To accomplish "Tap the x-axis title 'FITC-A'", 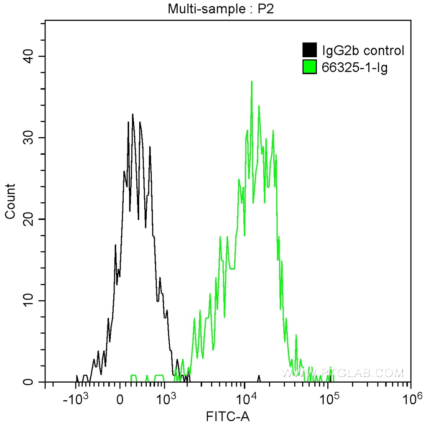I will coord(228,416).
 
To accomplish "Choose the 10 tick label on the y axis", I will coord(28,301).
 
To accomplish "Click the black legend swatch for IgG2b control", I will coord(309,50).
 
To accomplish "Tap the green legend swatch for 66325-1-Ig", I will coord(309,67).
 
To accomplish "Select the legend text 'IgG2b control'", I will coord(363,51).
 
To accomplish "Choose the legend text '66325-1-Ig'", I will coord(354,67).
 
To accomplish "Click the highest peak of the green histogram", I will coord(252,82).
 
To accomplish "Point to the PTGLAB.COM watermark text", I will coord(343,372).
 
